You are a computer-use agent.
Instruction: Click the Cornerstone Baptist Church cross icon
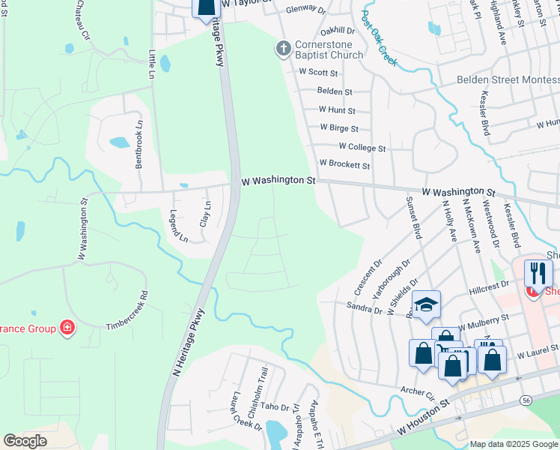(x=283, y=49)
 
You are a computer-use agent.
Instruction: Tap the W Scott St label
(x=319, y=73)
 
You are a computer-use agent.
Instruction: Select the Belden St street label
(x=335, y=91)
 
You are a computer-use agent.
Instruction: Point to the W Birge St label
(x=339, y=128)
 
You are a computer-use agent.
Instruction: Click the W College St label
(x=362, y=148)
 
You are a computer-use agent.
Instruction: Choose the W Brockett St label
(x=344, y=163)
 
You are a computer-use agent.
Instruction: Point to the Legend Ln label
(x=178, y=226)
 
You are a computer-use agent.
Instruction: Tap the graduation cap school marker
(x=426, y=304)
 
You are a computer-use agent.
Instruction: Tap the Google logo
(x=25, y=441)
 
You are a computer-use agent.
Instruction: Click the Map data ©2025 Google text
(x=514, y=444)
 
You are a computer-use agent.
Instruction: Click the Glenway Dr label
(x=307, y=10)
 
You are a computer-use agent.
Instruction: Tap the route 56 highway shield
(x=527, y=401)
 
